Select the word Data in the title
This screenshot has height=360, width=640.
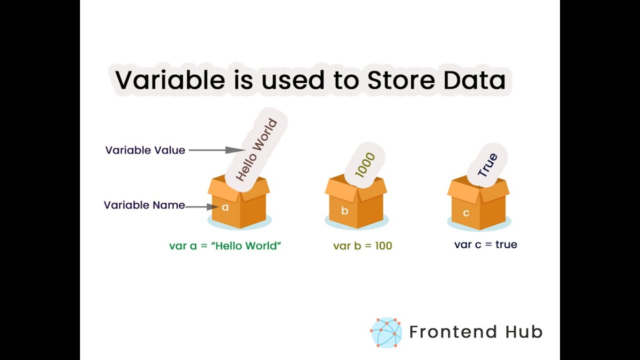474,80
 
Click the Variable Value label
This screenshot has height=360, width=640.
145,150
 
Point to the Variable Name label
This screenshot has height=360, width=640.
144,205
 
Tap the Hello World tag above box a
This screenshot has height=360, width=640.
256,149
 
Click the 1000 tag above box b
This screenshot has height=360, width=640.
365,164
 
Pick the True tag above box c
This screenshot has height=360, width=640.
487,165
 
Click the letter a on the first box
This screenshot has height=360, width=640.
225,207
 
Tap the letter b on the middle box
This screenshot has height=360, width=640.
344,211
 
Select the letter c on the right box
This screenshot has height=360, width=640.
466,213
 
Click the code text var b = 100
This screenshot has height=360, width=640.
362,246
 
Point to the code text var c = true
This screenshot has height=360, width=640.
485,244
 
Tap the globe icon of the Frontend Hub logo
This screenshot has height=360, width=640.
386,332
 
